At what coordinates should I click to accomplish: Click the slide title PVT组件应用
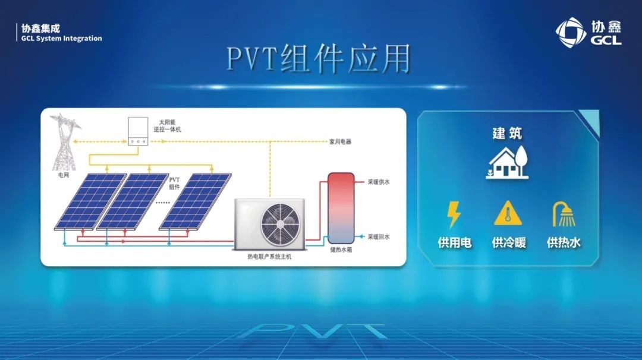pyautogui.click(x=319, y=59)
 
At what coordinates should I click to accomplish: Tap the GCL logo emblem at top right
pyautogui.click(x=571, y=32)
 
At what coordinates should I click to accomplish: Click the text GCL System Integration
pyautogui.click(x=61, y=39)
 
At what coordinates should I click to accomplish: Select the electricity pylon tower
pyautogui.click(x=64, y=142)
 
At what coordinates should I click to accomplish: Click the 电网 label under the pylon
pyautogui.click(x=64, y=175)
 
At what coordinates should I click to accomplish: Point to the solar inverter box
pyautogui.click(x=138, y=131)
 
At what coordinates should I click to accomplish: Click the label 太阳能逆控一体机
pyautogui.click(x=167, y=125)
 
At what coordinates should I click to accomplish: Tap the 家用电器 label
pyautogui.click(x=340, y=141)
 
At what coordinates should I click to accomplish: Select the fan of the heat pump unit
pyautogui.click(x=280, y=224)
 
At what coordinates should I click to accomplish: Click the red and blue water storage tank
pyautogui.click(x=341, y=209)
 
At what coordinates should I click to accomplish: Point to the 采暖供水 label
pyautogui.click(x=379, y=182)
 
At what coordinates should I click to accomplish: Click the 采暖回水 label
pyautogui.click(x=379, y=237)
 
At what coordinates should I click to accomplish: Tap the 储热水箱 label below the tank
pyautogui.click(x=341, y=249)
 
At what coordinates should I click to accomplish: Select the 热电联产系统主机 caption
pyautogui.click(x=269, y=257)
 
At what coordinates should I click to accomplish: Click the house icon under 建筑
pyautogui.click(x=508, y=163)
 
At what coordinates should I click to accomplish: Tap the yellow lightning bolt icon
pyautogui.click(x=454, y=214)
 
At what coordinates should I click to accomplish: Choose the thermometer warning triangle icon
pyautogui.click(x=508, y=213)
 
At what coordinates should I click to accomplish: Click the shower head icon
pyautogui.click(x=564, y=214)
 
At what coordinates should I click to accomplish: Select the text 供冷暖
pyautogui.click(x=508, y=242)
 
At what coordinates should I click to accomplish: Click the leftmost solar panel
pyautogui.click(x=91, y=201)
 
